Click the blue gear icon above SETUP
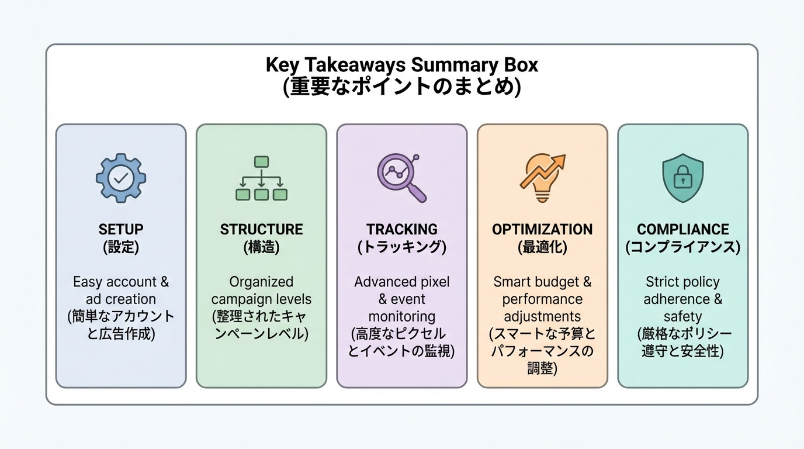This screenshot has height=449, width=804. pos(121,178)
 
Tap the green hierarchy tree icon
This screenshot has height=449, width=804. pos(261,178)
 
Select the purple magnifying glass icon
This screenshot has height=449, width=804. pos(401,177)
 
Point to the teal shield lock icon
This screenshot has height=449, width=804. pos(682,178)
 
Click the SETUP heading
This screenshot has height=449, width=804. pos(121,229)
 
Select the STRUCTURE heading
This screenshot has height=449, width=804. pos(261,229)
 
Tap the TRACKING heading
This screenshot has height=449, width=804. pos(401,229)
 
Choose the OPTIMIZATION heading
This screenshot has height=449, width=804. pos(542,229)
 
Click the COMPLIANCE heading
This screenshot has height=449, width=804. pos(682,229)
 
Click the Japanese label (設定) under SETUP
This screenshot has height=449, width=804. pos(121,247)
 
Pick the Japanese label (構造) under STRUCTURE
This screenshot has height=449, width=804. pos(261,247)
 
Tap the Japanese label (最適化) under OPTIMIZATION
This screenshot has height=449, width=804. pos(542,247)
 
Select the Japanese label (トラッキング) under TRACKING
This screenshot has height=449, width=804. pos(401,247)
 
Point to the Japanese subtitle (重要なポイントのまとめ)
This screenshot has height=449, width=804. pos(401,87)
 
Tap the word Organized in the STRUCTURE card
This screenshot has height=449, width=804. pos(261,282)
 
